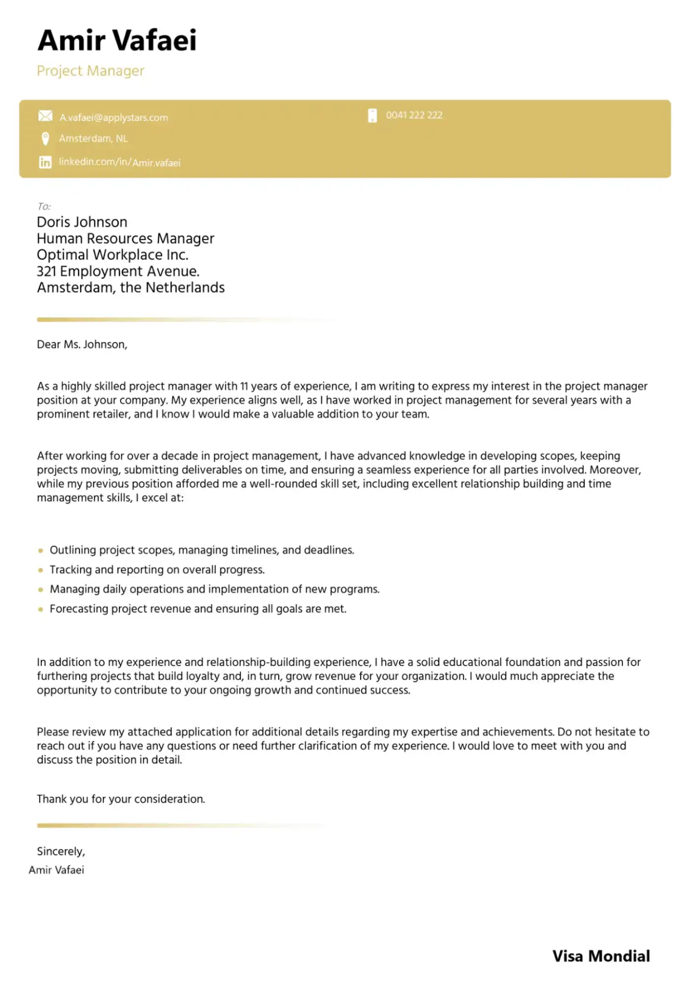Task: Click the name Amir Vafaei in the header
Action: point(117,40)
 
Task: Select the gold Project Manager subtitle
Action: point(90,71)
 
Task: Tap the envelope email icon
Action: point(45,116)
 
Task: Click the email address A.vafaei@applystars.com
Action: point(114,117)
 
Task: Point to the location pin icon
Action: point(45,139)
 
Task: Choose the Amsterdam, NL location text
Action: point(93,139)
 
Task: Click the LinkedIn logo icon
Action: point(45,162)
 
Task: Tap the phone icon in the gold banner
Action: point(373,115)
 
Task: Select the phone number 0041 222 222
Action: point(414,115)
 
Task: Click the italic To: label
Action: point(44,206)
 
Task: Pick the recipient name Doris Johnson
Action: point(82,222)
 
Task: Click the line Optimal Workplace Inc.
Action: point(113,255)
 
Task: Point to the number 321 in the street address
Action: point(46,271)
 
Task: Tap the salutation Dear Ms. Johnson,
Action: point(82,344)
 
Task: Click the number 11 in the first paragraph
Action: point(244,386)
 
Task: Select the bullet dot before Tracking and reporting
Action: point(41,570)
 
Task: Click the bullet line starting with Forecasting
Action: point(198,609)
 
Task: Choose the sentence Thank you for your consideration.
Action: point(121,799)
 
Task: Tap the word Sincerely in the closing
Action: point(60,851)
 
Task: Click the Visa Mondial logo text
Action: point(601,956)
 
